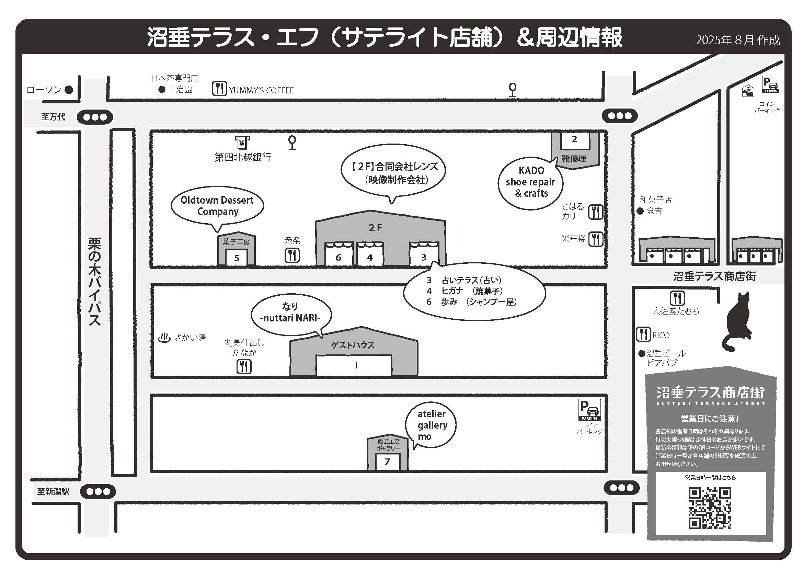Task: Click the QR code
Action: (x=710, y=508)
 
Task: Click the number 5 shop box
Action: (x=237, y=258)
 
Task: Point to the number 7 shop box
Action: (x=387, y=462)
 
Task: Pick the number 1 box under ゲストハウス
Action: (x=354, y=365)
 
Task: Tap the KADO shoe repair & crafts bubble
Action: (x=531, y=182)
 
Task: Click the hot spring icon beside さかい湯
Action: (x=164, y=338)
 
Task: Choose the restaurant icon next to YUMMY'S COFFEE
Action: (x=219, y=89)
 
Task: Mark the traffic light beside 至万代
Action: (x=95, y=117)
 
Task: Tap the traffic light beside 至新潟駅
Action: (x=98, y=492)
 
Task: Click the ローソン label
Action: (x=44, y=90)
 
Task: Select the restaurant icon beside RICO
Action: (x=643, y=334)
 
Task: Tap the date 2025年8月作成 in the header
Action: (x=738, y=40)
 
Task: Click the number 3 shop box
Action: (x=424, y=257)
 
